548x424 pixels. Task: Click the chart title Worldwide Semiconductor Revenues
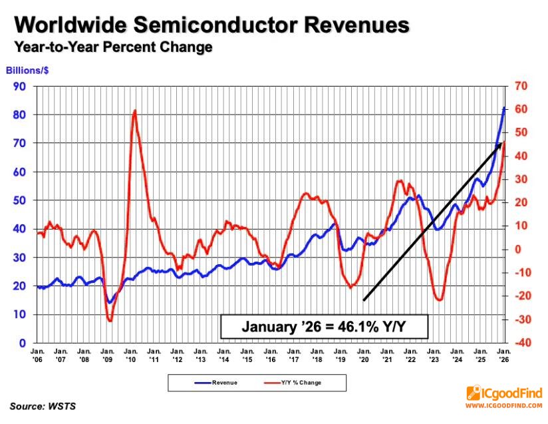click(x=211, y=25)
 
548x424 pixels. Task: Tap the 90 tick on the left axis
click(x=20, y=86)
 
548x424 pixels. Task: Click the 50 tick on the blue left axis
click(x=20, y=200)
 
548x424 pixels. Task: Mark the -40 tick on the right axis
click(x=521, y=343)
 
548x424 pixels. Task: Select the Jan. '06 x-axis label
click(x=37, y=353)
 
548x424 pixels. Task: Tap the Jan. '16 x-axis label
click(x=270, y=353)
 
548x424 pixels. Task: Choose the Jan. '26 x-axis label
click(x=503, y=353)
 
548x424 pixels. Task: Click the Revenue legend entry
click(x=212, y=383)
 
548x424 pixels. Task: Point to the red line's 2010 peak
click(x=135, y=110)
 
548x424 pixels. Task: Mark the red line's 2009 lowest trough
click(x=110, y=321)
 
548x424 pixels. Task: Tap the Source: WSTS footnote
click(x=43, y=405)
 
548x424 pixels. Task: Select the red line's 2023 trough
click(x=439, y=300)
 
